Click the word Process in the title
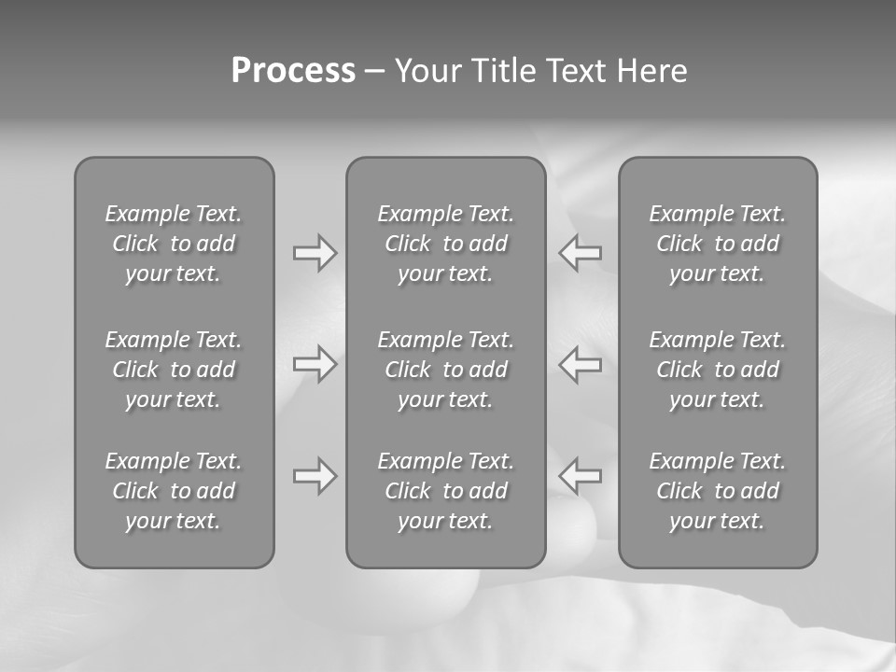click(293, 71)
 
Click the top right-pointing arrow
click(315, 253)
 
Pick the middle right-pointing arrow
click(315, 363)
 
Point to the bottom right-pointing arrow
click(315, 476)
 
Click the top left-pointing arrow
click(581, 253)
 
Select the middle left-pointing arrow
click(581, 363)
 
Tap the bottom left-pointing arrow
click(581, 476)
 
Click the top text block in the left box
click(174, 244)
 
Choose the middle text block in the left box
click(174, 370)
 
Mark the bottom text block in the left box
click(174, 491)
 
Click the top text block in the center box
click(446, 244)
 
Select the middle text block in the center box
click(446, 370)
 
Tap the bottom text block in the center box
click(446, 491)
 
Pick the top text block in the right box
click(718, 244)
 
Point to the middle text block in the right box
click(718, 370)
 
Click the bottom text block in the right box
click(718, 491)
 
